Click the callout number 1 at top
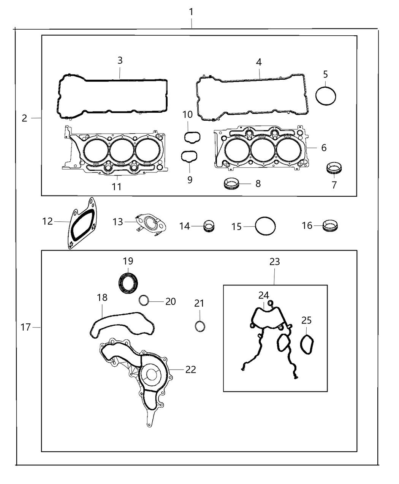[191, 12]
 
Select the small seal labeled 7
[334, 168]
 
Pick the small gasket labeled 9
[189, 156]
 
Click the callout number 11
[116, 186]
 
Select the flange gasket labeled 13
[151, 223]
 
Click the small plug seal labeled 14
[209, 226]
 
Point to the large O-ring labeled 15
[265, 227]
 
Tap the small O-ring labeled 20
[144, 300]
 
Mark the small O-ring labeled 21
[200, 326]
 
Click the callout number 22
[191, 369]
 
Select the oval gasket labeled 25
[307, 344]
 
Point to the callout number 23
[274, 262]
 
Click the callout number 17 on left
[25, 327]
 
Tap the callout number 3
[120, 60]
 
